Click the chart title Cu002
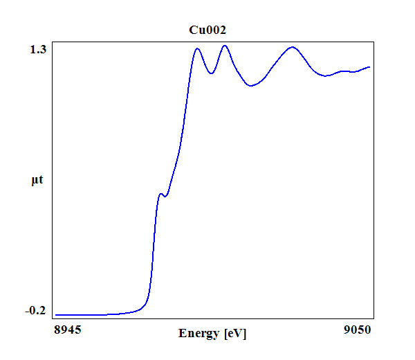click(x=207, y=30)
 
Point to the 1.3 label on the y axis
click(x=38, y=49)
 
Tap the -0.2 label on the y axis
click(x=35, y=310)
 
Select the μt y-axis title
click(x=38, y=181)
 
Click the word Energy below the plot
click(x=200, y=334)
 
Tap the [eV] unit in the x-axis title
click(x=235, y=334)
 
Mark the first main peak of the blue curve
click(x=198, y=48)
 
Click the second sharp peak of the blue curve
click(x=225, y=46)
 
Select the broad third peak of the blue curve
click(x=293, y=47)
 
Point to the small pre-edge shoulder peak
click(x=161, y=194)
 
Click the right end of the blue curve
click(x=370, y=67)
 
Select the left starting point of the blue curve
click(x=55, y=315)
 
